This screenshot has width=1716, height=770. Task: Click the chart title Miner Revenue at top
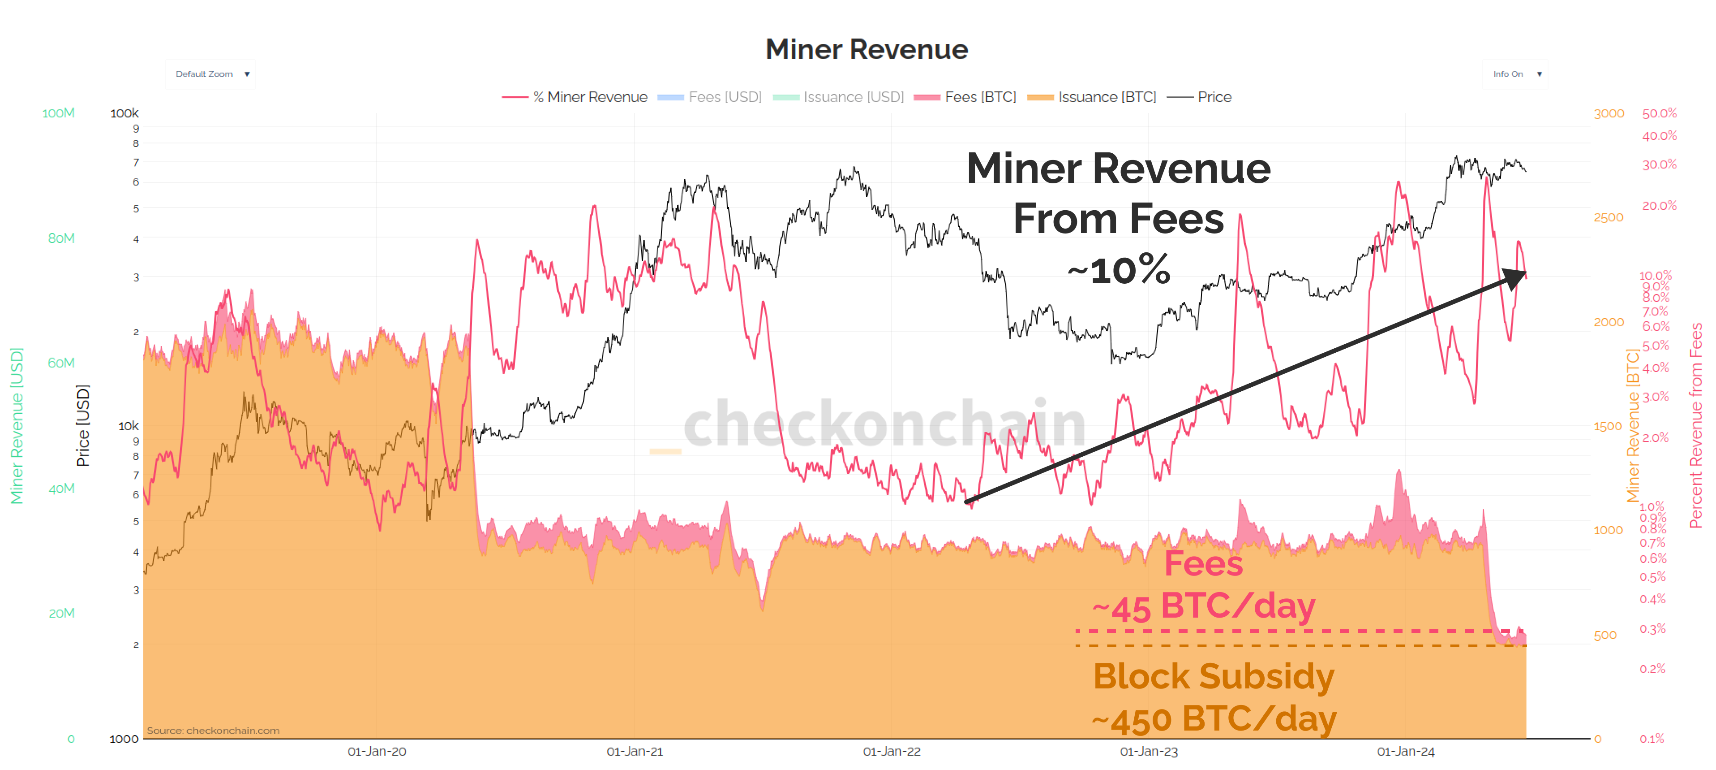pos(866,49)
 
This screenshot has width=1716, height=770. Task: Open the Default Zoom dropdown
pos(210,74)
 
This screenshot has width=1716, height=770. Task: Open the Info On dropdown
pos(1515,74)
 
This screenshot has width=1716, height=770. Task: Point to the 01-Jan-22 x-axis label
pos(891,751)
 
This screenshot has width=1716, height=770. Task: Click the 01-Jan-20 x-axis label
pos(376,751)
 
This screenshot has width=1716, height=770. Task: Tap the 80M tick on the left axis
pos(61,238)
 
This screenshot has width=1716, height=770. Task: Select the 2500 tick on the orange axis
pos(1608,217)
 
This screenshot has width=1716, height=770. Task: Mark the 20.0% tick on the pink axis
pos(1658,205)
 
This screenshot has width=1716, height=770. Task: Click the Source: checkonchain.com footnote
pos(213,730)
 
